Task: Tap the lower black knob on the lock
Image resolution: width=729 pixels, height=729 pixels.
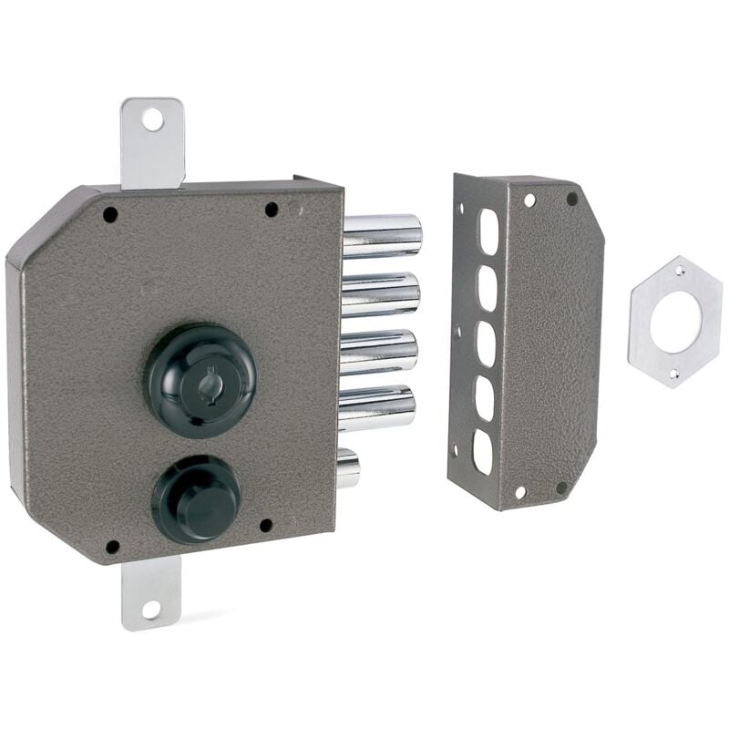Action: pyautogui.click(x=197, y=499)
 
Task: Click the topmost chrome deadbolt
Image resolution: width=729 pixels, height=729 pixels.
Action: pyautogui.click(x=383, y=235)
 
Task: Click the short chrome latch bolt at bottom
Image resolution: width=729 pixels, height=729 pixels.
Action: pyautogui.click(x=348, y=467)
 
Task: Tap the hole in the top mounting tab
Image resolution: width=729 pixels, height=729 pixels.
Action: pyautogui.click(x=152, y=118)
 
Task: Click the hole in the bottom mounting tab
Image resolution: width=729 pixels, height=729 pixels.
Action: pyautogui.click(x=150, y=609)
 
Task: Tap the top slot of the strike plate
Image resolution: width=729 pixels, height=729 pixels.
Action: pyautogui.click(x=489, y=232)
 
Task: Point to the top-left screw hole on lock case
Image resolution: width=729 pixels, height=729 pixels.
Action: pyautogui.click(x=110, y=215)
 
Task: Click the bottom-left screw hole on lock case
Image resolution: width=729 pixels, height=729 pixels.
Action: pyautogui.click(x=112, y=547)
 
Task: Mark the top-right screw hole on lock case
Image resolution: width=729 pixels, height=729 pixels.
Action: pyautogui.click(x=271, y=209)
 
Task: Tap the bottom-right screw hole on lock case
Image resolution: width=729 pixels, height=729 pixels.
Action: pyautogui.click(x=265, y=526)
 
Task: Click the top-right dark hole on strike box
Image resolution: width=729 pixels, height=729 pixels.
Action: pyautogui.click(x=571, y=198)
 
